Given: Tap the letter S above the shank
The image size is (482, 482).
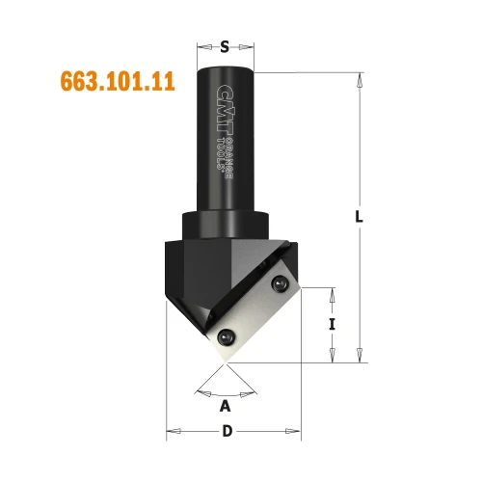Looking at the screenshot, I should (x=226, y=45).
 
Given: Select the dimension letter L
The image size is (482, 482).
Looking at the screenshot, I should (x=359, y=218).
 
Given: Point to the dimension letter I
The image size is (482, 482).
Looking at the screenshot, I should (x=333, y=325).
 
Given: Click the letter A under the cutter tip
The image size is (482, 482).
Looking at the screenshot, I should (x=226, y=405).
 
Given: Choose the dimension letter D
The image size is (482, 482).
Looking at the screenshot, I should (x=227, y=431).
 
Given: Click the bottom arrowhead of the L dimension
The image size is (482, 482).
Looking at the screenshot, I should (x=359, y=355).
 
